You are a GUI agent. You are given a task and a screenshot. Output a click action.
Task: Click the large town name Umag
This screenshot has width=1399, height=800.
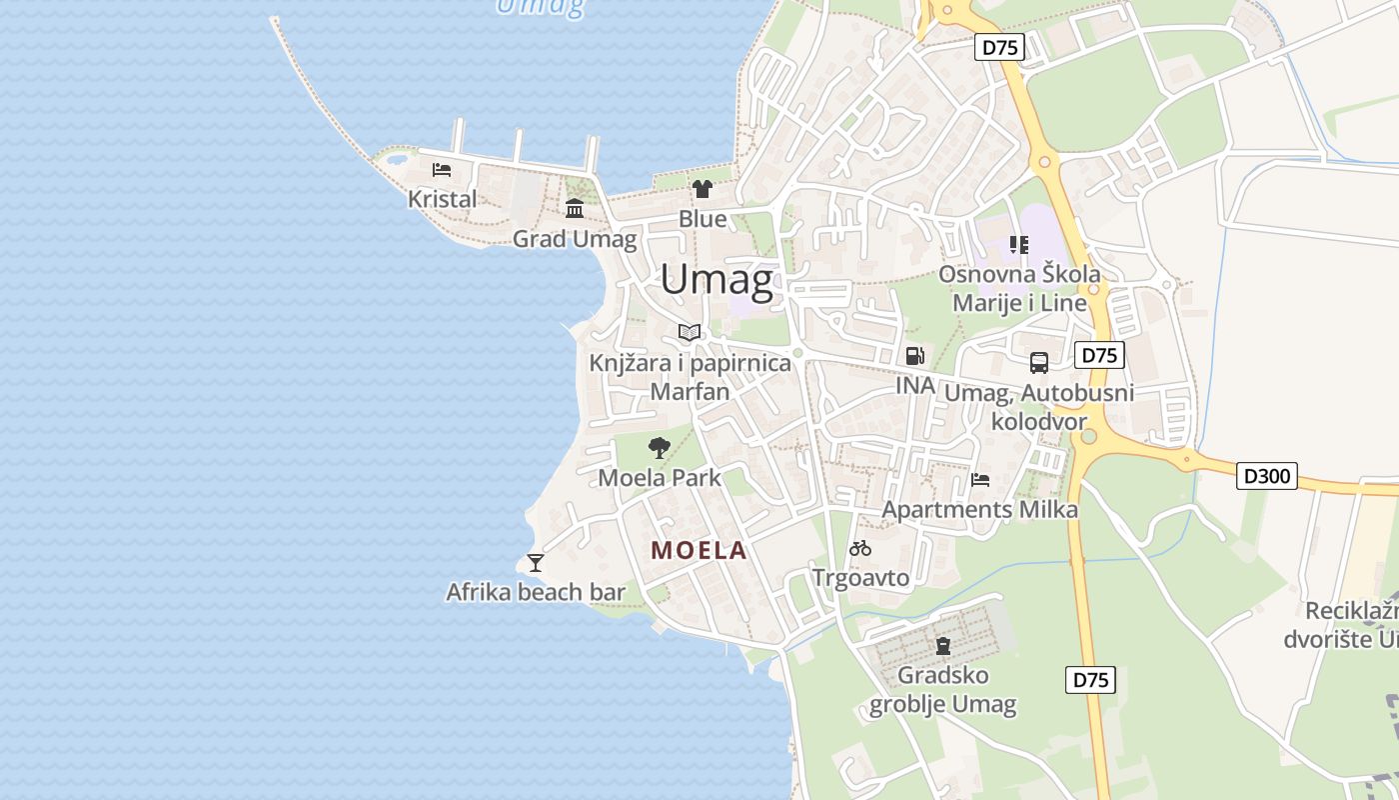point(716,281)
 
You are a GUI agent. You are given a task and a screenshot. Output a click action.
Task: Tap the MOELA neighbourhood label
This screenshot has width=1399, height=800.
point(699,550)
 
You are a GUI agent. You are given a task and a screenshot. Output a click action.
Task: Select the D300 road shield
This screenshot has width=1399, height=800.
point(1267,476)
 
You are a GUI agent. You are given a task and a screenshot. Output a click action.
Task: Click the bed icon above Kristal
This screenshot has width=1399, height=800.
point(442,170)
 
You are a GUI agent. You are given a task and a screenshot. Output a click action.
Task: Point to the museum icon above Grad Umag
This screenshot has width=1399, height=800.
point(575,209)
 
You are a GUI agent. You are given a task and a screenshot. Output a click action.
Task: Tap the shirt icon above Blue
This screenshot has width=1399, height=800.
point(701,189)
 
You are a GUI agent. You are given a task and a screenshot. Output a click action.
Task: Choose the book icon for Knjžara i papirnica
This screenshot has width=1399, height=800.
point(689,333)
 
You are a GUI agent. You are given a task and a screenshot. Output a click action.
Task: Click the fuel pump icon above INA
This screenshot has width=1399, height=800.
point(914,356)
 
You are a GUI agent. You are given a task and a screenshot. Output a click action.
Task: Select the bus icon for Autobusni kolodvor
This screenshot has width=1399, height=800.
point(1039,363)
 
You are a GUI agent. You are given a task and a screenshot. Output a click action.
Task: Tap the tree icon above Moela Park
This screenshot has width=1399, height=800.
point(659,448)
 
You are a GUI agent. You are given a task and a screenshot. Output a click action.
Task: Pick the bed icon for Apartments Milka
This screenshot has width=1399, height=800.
point(979,480)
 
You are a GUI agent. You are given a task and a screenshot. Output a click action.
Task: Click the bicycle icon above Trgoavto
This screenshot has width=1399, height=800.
point(860,548)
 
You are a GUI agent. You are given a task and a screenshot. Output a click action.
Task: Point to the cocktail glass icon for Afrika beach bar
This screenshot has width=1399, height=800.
point(536,563)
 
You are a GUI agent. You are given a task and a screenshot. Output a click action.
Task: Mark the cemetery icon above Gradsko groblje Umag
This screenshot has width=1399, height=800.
point(942,646)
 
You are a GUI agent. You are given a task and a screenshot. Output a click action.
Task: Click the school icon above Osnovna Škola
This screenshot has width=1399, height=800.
point(1018,244)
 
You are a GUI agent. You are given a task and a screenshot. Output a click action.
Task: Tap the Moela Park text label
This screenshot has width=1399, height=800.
point(660,478)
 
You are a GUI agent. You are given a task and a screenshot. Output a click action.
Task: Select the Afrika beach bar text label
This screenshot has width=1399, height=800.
point(536,592)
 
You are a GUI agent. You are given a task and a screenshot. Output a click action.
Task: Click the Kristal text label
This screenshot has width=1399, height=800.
point(443,199)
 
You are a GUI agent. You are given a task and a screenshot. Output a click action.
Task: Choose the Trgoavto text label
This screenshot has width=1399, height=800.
point(860,578)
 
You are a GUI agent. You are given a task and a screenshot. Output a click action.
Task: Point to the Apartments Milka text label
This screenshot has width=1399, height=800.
point(979,510)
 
